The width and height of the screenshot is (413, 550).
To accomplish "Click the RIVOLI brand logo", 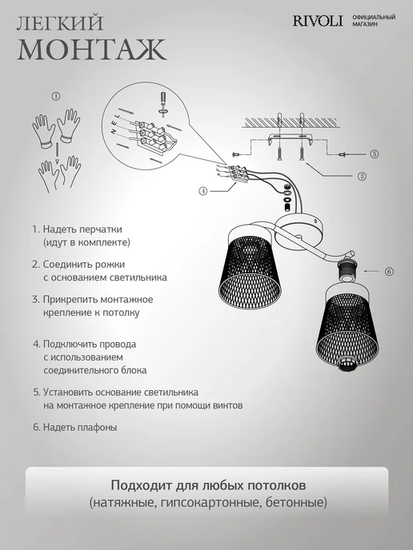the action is [318, 21].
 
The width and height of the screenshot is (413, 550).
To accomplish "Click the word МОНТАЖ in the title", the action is [92, 50].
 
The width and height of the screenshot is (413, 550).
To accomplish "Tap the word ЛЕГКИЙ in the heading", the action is [60, 23].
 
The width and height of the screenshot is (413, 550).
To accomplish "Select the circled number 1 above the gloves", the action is [56, 96].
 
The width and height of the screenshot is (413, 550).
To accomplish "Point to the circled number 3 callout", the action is [362, 176].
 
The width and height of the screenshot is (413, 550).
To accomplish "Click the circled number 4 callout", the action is [203, 191].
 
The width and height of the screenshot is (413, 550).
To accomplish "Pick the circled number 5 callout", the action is [375, 153].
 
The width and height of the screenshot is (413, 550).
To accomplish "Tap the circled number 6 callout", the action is [389, 271].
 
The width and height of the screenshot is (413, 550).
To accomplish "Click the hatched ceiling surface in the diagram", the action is [290, 122].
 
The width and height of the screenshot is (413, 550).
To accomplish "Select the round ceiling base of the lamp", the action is [298, 231].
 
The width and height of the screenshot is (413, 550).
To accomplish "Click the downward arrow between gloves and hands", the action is [56, 152].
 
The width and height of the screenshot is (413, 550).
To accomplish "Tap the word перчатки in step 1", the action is [101, 229].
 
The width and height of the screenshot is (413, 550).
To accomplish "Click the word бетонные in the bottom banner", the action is [296, 503].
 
